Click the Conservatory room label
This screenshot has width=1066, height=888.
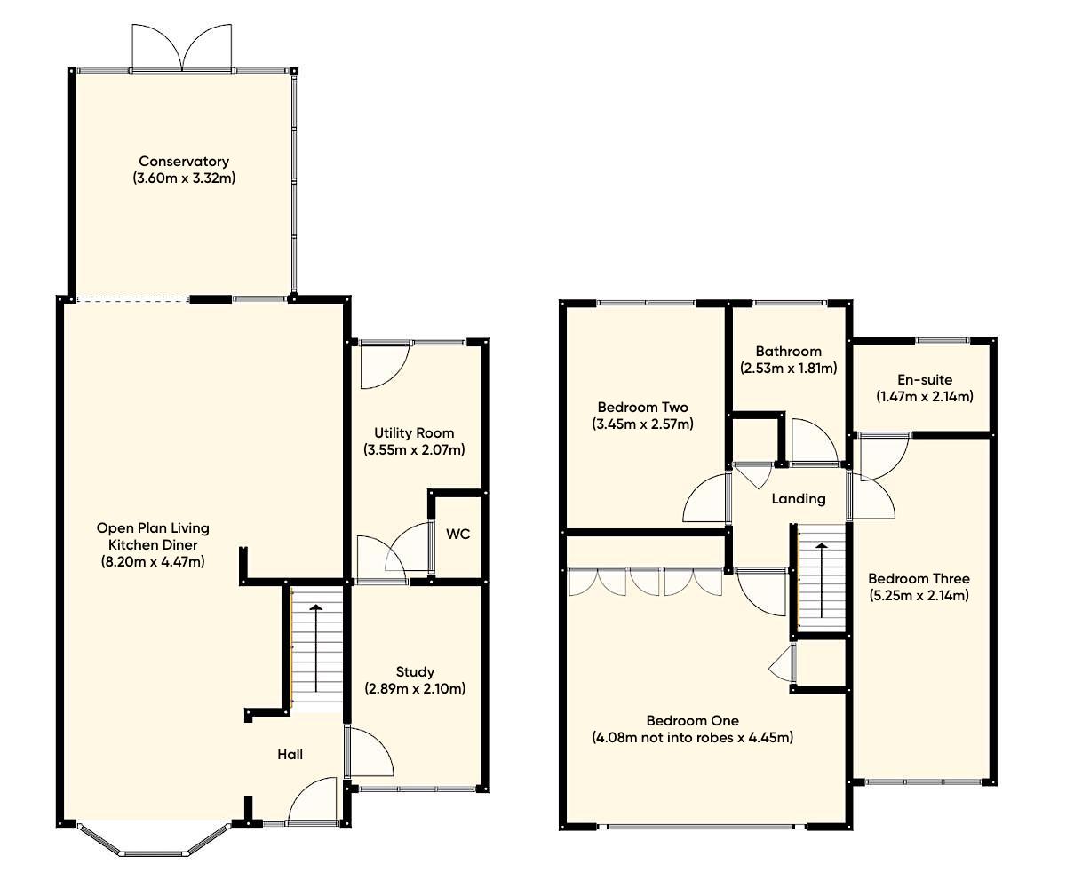coord(184,162)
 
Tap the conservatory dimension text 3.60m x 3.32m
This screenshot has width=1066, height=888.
coord(184,178)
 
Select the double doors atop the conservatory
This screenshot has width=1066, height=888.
coord(182,48)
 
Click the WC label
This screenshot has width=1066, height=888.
coord(458,535)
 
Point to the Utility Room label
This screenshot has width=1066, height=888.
coord(414,433)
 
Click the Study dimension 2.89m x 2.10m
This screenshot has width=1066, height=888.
coord(415,688)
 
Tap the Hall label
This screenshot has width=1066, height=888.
coord(290,755)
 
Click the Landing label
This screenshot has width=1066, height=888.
coord(798,499)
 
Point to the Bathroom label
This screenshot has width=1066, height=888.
coord(788,352)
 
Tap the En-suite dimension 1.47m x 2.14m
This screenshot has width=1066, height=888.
coord(924,397)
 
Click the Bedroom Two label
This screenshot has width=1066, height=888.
coord(642,408)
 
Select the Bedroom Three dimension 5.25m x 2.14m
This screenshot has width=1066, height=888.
coord(919,595)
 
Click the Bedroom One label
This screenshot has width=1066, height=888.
coord(692,721)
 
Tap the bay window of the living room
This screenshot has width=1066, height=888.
coord(153,843)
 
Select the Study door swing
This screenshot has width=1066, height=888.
coord(369,753)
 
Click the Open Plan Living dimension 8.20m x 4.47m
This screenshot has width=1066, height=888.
coord(153,561)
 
